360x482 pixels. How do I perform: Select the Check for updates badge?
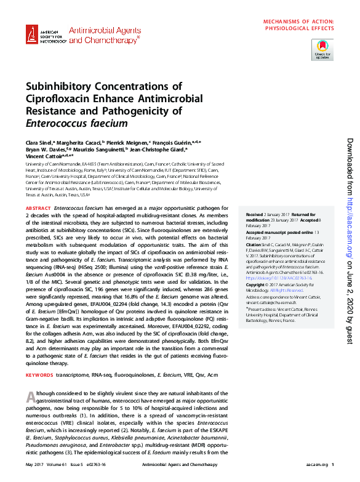(x=322, y=48)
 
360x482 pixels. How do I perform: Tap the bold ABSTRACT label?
(x=38, y=210)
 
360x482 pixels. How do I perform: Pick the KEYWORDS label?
(x=39, y=375)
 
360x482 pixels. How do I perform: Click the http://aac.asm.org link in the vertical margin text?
(x=348, y=219)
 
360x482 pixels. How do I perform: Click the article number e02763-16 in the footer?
(x=97, y=464)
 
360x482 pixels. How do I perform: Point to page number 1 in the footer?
(x=332, y=464)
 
